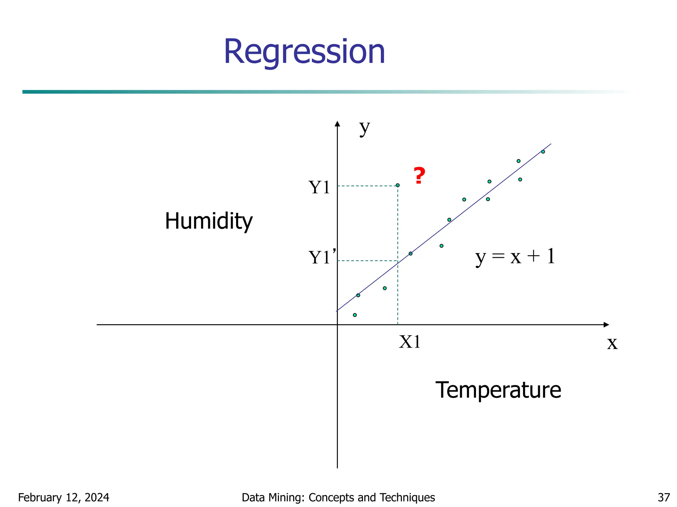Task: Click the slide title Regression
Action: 304,52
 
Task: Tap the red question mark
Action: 419,176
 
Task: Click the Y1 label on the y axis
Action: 319,187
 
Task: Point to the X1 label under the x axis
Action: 410,342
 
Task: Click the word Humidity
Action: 209,221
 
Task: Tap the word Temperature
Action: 498,390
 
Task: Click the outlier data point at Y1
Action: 398,185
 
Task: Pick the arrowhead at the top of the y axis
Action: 337,124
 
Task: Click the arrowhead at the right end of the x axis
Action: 606,325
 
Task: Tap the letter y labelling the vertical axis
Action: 365,128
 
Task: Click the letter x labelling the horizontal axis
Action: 612,343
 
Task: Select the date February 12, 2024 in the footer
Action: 63,497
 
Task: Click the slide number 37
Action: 664,497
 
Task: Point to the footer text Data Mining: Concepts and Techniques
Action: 338,497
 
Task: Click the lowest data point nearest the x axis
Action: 355,315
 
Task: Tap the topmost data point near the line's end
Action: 543,152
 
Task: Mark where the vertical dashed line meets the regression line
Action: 398,262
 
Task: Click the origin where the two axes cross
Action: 337,325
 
